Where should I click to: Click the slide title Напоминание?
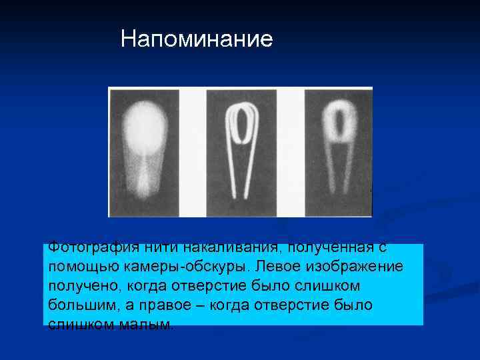coord(197,39)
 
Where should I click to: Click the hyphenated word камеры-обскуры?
coord(186,267)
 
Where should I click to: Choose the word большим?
coord(83,305)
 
